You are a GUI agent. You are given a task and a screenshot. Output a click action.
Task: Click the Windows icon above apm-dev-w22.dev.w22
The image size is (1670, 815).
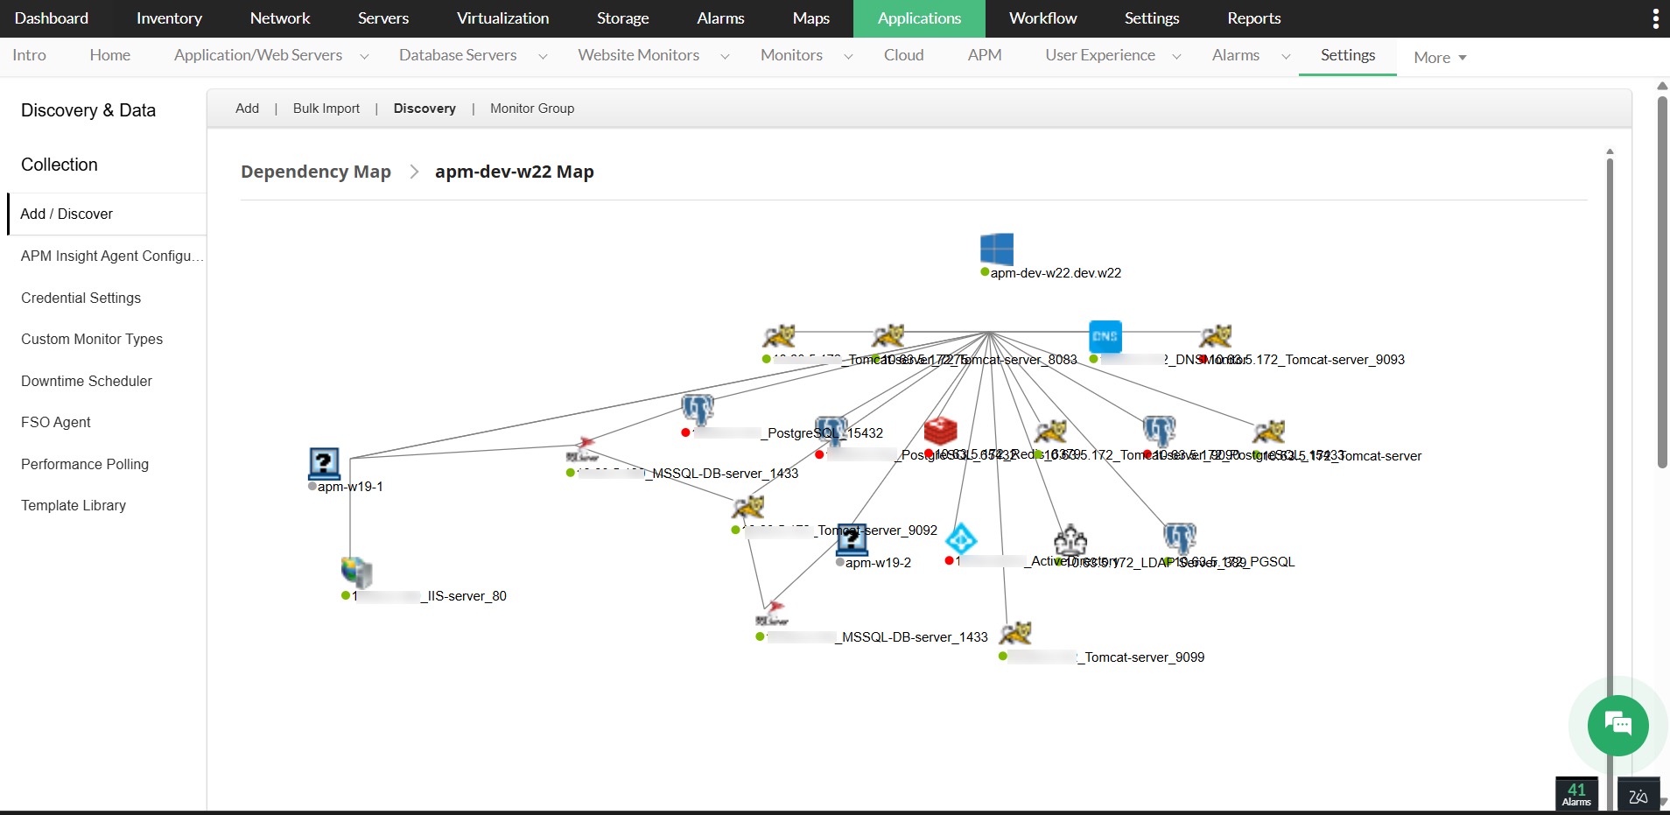coord(997,249)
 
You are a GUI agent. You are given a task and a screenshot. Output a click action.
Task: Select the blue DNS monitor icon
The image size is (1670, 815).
coord(1105,336)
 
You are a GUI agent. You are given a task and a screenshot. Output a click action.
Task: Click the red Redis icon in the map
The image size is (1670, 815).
coord(940,431)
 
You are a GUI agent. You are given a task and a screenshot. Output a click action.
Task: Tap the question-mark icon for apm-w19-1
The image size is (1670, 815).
coord(324,463)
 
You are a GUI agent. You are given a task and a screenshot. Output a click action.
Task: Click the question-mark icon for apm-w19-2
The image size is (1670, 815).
coord(851,539)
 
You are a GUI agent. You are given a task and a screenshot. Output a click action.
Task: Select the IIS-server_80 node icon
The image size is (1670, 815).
coord(356,572)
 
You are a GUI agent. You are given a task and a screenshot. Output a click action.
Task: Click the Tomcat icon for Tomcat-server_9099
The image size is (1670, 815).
coord(1015,633)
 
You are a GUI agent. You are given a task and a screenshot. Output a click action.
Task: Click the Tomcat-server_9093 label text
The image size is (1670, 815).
coord(1344,360)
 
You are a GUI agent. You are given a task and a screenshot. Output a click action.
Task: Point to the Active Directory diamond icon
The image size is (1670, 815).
coord(961,538)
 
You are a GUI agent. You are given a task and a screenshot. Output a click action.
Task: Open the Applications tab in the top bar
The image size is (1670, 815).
coord(919,18)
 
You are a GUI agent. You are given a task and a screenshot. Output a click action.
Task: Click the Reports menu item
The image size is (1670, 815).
coord(1253,18)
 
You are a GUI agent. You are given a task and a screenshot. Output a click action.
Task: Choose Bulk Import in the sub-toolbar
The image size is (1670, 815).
coord(326,109)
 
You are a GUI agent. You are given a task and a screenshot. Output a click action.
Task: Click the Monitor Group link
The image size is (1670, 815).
coord(532,109)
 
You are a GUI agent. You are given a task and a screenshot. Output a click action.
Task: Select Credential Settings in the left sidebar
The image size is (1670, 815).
coord(81,298)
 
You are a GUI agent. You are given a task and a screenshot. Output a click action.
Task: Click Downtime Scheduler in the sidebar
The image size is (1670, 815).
coord(87,381)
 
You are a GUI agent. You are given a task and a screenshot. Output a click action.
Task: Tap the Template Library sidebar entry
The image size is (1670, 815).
coord(74,505)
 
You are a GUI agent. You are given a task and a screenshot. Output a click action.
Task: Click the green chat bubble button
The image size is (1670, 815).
coord(1617,725)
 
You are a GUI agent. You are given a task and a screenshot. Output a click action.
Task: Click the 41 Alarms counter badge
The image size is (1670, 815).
coord(1576,794)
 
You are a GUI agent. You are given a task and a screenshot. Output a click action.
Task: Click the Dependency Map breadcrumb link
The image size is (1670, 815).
coord(316,172)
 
